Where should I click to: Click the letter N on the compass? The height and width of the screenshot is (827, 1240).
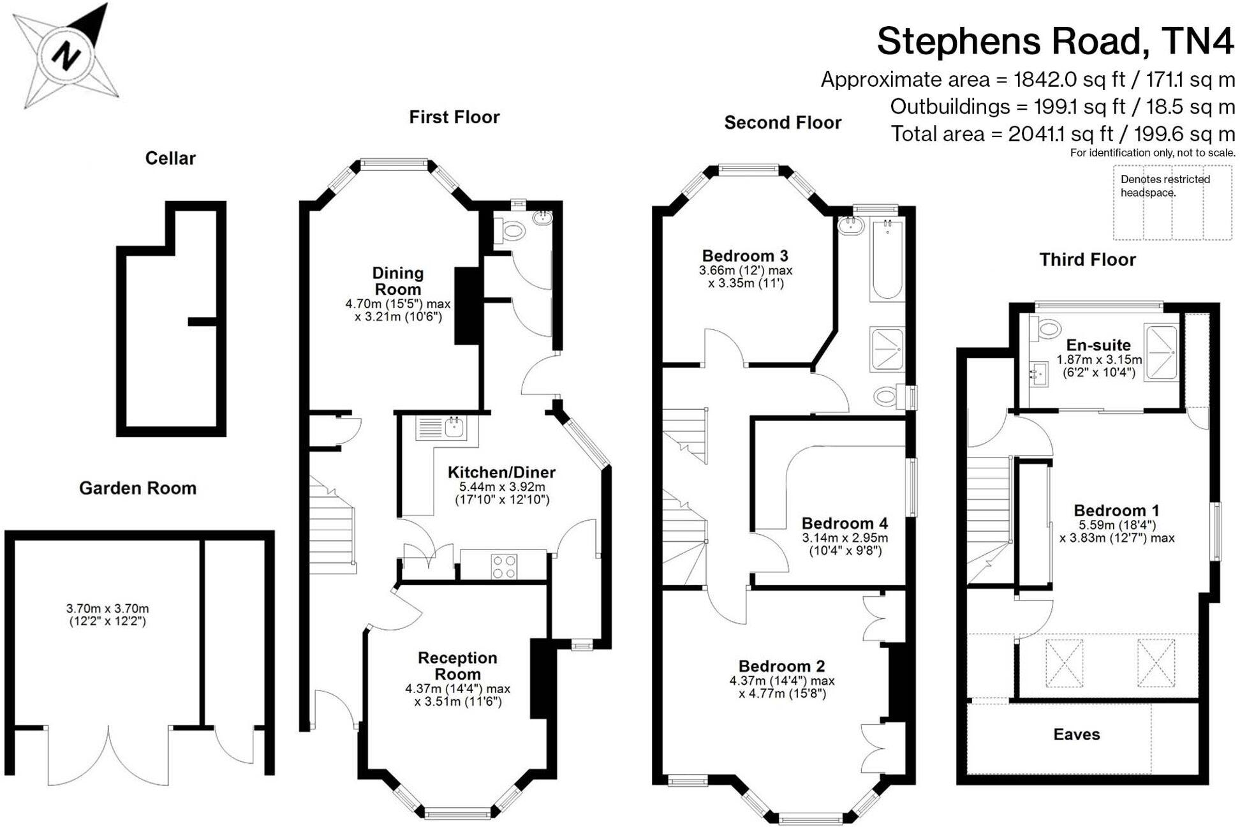tap(64, 56)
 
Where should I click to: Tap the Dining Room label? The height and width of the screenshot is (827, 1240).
tap(397, 281)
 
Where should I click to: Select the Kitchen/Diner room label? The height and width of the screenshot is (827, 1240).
tap(501, 472)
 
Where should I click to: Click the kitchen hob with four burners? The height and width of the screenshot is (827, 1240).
tap(504, 566)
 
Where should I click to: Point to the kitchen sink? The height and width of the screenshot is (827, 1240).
tap(454, 426)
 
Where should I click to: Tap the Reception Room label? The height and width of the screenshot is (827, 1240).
tap(457, 666)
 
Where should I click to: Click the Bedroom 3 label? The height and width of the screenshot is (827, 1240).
tap(744, 256)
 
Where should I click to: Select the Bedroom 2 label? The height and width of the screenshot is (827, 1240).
tap(781, 666)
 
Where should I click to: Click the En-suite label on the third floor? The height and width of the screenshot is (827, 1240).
tap(1098, 345)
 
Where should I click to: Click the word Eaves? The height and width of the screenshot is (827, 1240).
tap(1076, 734)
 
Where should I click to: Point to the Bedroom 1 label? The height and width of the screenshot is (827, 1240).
tap(1116, 510)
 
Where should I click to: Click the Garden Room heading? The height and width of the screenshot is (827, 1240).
tap(137, 488)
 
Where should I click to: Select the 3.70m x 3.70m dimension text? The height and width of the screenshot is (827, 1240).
tap(107, 609)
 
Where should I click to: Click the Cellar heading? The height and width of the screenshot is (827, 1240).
tap(170, 158)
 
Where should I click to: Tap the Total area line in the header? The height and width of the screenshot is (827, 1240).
tap(1062, 134)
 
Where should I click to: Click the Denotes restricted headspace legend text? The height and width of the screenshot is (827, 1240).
tap(1165, 186)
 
